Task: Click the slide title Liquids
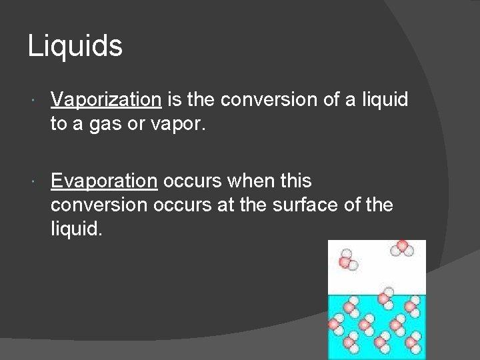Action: coord(75,46)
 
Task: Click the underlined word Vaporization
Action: coord(106,99)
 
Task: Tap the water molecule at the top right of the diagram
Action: coord(402,249)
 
